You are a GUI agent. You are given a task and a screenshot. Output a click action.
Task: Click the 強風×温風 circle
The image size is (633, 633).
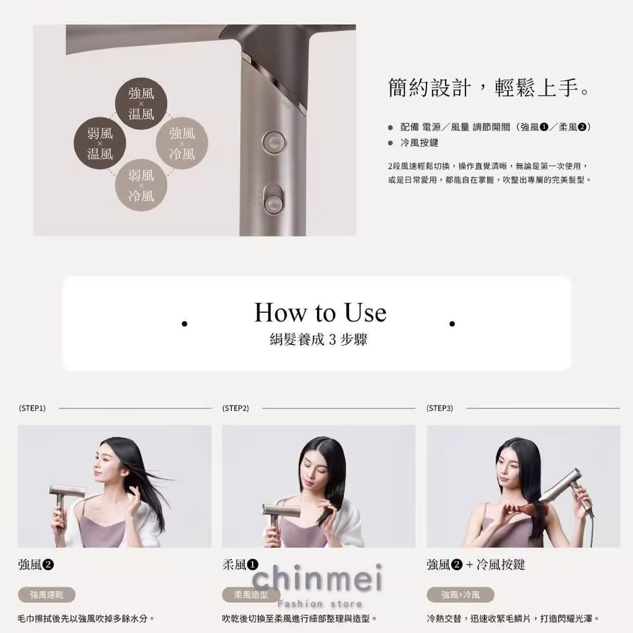(x=141, y=104)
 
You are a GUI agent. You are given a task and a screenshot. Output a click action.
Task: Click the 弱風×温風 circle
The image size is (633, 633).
(x=100, y=143)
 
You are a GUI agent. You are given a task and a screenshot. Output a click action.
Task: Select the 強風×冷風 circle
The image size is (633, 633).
(x=182, y=143)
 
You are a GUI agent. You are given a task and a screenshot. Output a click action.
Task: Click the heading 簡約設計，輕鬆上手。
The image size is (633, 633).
(x=488, y=88)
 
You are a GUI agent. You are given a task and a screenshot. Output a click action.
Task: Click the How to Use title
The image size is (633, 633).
(x=320, y=312)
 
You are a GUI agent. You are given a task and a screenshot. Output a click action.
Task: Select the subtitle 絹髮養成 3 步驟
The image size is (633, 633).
(x=318, y=340)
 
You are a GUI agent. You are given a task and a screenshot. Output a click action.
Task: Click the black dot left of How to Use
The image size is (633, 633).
(x=184, y=323)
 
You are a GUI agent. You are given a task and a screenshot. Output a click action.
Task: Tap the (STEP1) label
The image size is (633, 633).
(x=32, y=409)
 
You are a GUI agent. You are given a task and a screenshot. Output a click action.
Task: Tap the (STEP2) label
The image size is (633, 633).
(x=236, y=409)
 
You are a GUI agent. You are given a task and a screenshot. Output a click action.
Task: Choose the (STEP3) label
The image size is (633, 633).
(x=440, y=409)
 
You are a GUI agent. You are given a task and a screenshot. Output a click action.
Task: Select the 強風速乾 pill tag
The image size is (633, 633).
(x=47, y=595)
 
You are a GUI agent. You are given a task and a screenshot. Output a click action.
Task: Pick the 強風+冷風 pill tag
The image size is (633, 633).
(x=460, y=595)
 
